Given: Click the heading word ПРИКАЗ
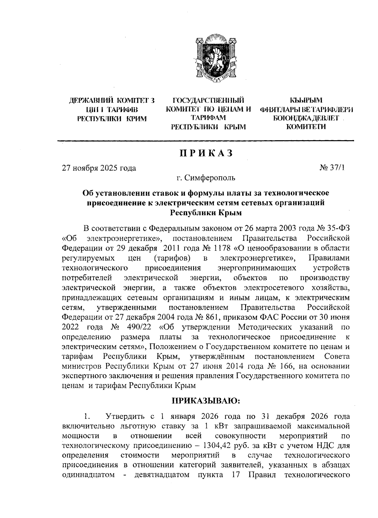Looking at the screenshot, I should coord(207,153).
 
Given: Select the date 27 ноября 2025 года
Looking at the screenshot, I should coord(99,168).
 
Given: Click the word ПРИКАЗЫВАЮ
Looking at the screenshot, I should coord(206,401).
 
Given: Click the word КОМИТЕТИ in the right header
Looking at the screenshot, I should coord(306,127).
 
